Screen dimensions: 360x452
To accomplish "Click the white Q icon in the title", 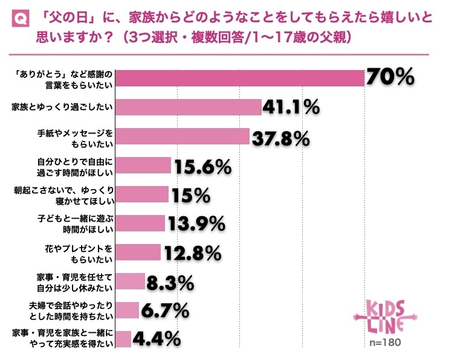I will [19, 19].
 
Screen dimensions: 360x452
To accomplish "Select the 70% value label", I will [390, 77].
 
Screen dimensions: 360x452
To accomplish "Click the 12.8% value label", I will [192, 252].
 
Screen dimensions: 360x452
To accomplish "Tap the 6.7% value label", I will [163, 310].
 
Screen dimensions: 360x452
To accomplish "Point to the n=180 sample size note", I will [385, 343].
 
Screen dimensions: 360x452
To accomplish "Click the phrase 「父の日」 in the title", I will [68, 19].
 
